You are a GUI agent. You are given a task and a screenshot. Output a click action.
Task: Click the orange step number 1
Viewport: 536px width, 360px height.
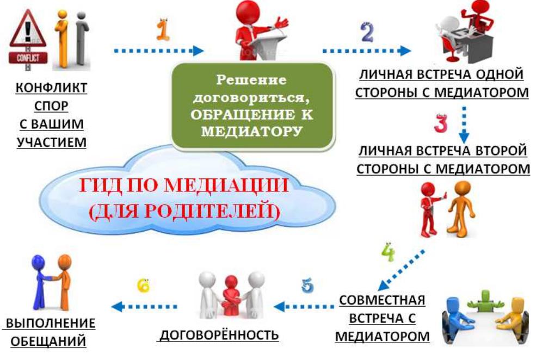pos(163,30)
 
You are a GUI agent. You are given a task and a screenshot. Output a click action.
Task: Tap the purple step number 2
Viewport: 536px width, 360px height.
pos(367,33)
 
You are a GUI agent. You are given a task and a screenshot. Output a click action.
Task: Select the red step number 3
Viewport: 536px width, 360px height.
pos(441,122)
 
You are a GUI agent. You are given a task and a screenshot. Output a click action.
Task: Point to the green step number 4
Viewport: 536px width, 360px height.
pos(388,252)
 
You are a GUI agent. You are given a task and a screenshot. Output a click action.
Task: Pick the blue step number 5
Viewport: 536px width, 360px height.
pos(307,285)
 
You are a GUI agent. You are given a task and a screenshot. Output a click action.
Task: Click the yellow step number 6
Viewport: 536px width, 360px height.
pos(143,285)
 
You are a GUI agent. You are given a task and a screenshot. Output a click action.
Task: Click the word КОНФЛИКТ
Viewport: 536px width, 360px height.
pos(51,88)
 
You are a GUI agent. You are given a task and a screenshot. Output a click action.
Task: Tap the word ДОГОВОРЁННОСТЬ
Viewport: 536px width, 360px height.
pos(219,335)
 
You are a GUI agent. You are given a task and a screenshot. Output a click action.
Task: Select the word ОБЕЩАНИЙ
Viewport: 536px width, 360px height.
pos(48,341)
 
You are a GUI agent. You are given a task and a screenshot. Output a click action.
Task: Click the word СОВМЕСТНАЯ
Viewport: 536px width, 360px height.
pos(382,300)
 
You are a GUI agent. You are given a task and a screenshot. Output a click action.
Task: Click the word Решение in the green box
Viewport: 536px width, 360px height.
pos(251,80)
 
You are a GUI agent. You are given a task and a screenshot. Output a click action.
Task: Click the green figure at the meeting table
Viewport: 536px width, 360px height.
pos(485,300)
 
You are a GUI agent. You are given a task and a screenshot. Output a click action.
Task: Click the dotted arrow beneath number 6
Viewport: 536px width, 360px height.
pos(144,306)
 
